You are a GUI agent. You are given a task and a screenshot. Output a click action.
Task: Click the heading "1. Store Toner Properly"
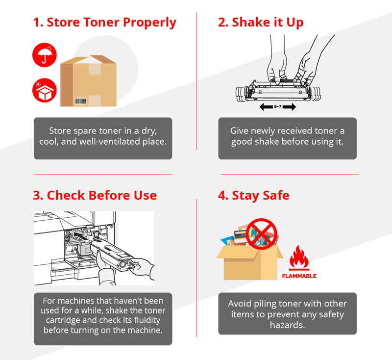[104, 23]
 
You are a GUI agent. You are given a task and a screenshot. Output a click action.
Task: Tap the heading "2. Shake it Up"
[261, 23]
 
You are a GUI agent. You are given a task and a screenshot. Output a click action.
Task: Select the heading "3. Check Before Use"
[95, 195]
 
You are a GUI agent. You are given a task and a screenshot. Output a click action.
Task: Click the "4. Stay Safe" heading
[253, 195]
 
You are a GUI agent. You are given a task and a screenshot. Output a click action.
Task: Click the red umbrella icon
[45, 55]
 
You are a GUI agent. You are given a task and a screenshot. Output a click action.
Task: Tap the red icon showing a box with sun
[45, 91]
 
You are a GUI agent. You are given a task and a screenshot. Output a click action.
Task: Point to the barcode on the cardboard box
[80, 101]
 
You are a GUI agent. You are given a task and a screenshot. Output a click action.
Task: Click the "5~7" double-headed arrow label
[278, 106]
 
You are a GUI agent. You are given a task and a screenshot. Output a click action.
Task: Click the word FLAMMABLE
[299, 276]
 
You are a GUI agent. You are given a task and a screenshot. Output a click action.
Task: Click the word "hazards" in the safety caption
[287, 325]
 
